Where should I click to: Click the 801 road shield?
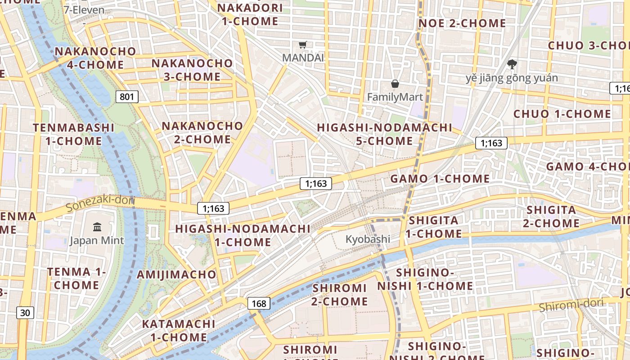127,96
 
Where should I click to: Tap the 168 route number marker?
259,303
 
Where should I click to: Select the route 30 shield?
26,313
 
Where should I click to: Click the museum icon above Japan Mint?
97,227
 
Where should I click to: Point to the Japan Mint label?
97,240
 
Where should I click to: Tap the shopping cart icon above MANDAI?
303,45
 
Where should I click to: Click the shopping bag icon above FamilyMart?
395,84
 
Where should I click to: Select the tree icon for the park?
512,64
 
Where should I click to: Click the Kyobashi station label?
368,239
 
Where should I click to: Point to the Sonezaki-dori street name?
100,203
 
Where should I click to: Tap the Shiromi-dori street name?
571,305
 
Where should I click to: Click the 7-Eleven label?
84,10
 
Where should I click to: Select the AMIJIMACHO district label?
177,274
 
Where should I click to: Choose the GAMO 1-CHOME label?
440,179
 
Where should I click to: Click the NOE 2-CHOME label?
462,23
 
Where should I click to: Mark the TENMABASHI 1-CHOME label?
74,134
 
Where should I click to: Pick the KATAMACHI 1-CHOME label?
179,330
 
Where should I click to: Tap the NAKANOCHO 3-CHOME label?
192,70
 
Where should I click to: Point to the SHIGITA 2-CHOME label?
551,216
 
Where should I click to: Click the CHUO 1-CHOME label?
562,114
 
